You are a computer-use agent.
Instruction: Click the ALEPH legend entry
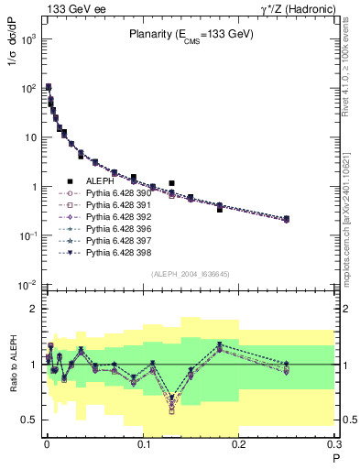[100, 181]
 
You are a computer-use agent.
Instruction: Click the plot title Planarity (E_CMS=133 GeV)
[190, 35]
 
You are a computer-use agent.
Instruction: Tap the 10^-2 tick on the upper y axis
[27, 285]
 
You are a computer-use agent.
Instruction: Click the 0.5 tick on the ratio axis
[27, 420]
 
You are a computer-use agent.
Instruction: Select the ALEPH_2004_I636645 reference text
[190, 274]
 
